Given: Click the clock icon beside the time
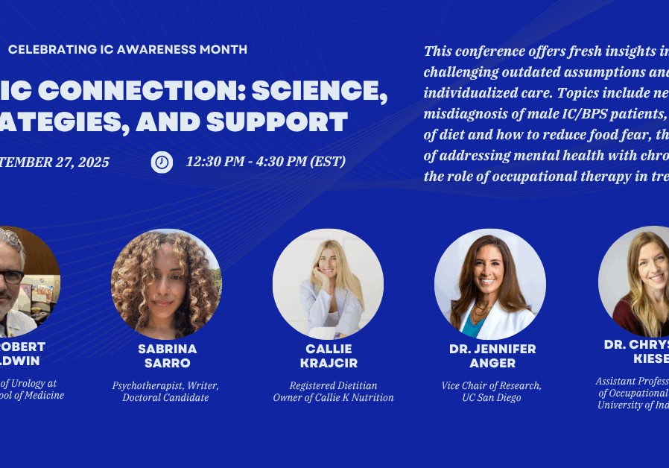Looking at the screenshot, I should tap(162, 162).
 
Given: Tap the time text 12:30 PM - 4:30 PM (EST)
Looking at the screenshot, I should tap(265, 162).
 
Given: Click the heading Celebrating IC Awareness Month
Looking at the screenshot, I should tap(127, 50).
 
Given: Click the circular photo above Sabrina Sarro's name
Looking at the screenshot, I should tap(166, 284).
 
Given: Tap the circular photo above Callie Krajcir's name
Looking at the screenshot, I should tap(328, 284).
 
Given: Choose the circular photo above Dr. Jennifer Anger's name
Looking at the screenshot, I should tap(489, 284).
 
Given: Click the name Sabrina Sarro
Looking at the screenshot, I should tap(167, 356).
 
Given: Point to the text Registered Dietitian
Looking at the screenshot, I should tap(333, 385).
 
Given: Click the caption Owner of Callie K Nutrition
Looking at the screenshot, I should tap(333, 398).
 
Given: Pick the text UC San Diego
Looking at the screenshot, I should tap(492, 398).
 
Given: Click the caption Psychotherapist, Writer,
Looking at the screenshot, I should tap(166, 385).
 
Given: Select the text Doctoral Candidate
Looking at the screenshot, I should tap(166, 398).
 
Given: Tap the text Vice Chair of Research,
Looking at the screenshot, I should tap(492, 385).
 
